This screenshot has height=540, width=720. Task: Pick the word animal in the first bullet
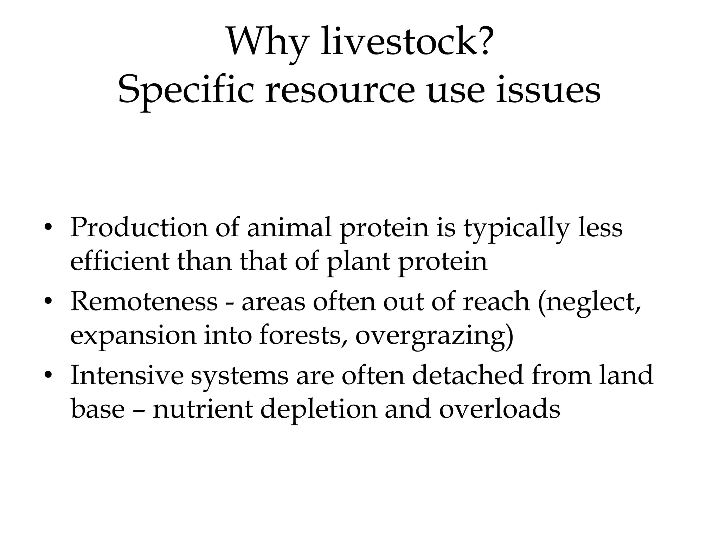(x=289, y=227)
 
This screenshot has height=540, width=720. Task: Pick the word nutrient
(x=203, y=409)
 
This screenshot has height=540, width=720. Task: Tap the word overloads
(x=500, y=409)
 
